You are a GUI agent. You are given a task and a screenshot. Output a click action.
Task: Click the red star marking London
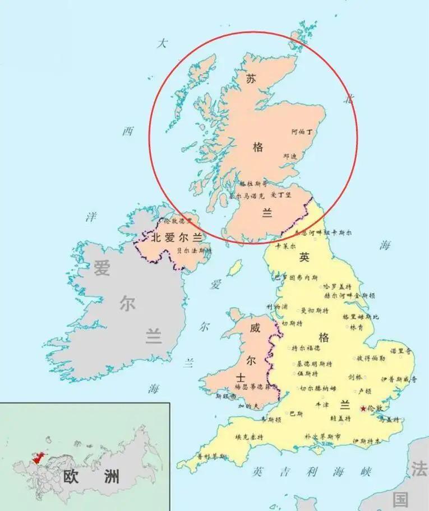coord(363,408)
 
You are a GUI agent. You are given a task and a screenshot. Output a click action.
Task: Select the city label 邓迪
coord(290,156)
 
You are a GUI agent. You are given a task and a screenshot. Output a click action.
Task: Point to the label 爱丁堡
coord(281,195)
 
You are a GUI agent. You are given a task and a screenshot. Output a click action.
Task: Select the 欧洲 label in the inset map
coord(91,477)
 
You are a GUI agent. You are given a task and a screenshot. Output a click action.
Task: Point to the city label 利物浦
coord(278,308)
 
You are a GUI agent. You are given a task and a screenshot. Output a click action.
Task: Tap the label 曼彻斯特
coord(315,310)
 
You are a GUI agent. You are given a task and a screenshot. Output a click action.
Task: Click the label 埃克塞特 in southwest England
coord(250,437)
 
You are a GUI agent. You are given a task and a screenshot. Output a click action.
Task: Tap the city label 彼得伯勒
coord(371,358)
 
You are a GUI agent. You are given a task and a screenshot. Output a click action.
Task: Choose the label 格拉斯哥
coord(253,183)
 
